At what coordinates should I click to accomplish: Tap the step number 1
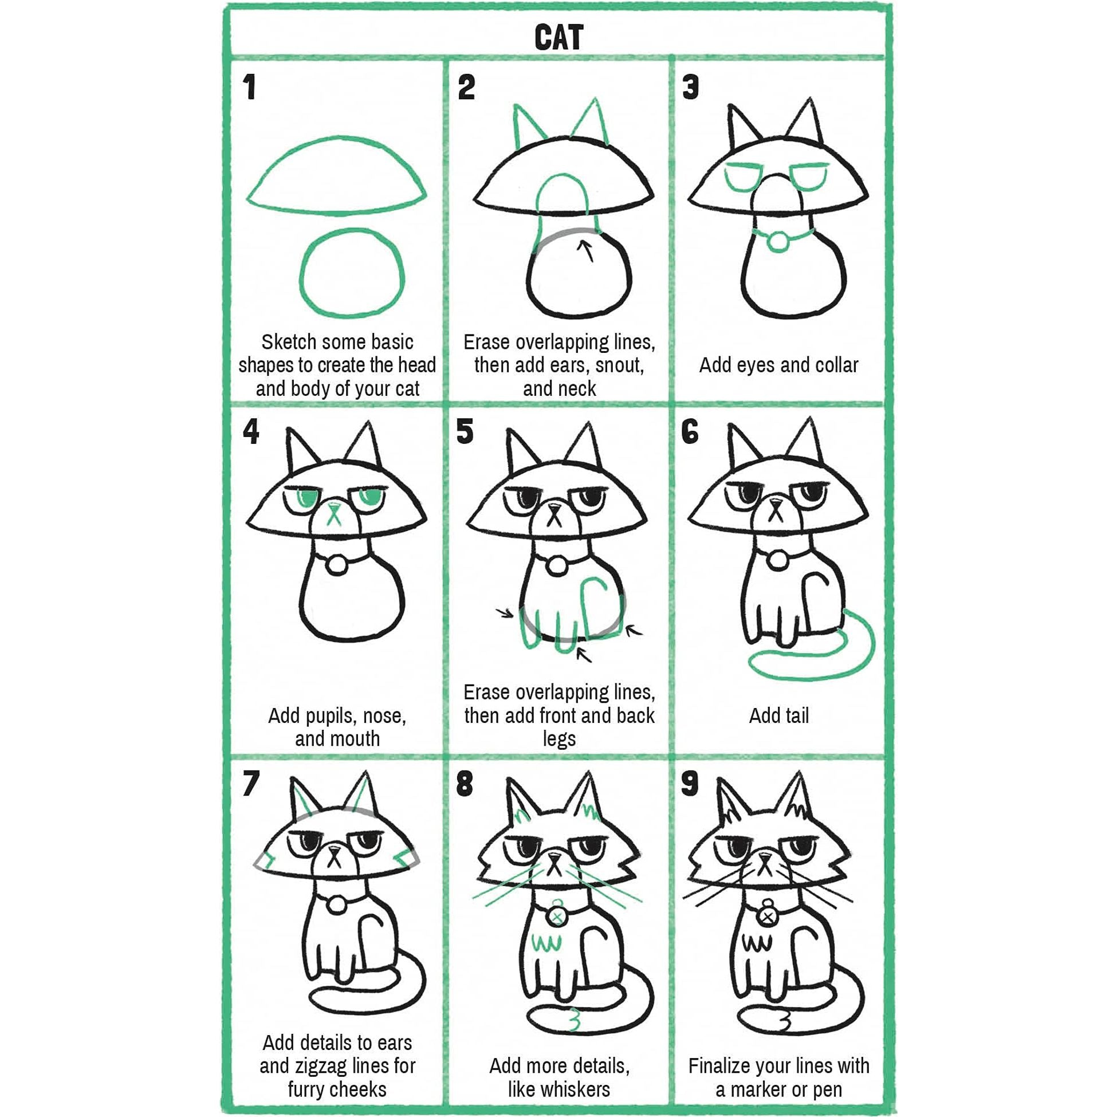[249, 88]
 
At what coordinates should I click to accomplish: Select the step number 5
[465, 432]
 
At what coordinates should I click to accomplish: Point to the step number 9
[690, 785]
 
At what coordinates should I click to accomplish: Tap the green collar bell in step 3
[778, 242]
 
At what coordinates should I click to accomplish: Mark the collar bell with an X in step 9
[767, 917]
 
